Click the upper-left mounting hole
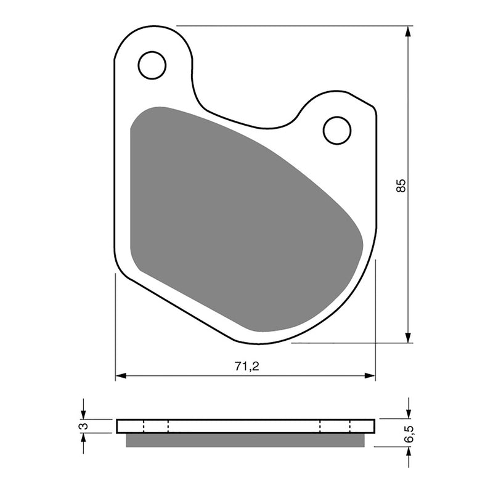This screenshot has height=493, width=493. coord(152,65)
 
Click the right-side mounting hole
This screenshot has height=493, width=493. coord(337,130)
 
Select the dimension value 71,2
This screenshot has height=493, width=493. coord(246,365)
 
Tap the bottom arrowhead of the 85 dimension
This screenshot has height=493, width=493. coord(408,338)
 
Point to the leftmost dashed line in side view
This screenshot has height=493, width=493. coord(143,426)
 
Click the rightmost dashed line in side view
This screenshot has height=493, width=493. coord(350,426)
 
